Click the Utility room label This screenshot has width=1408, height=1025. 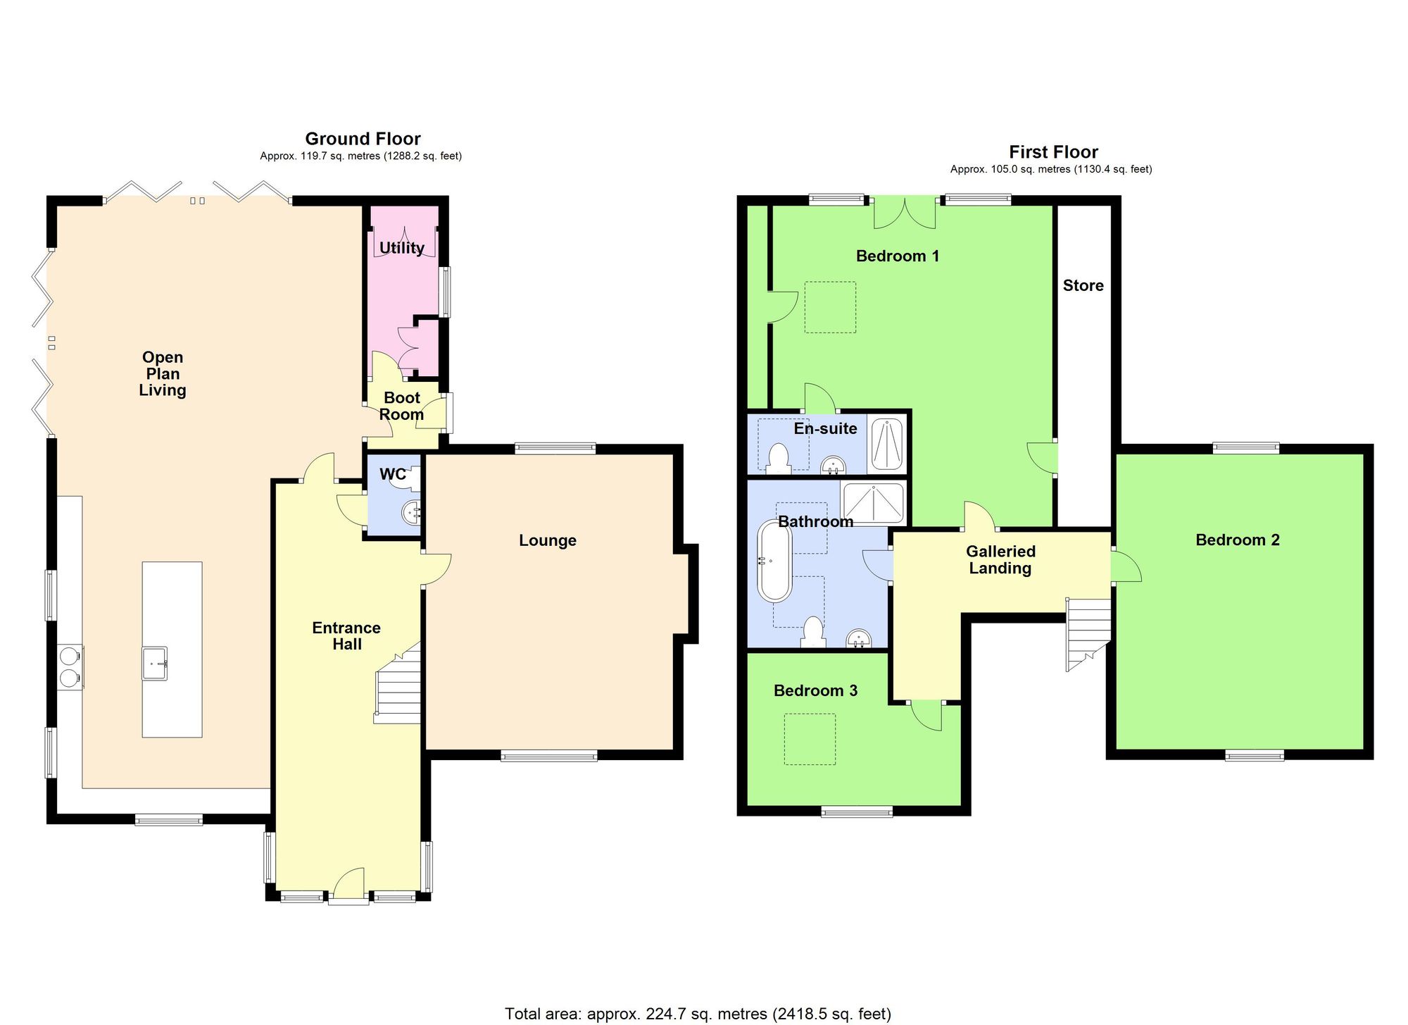[401, 248]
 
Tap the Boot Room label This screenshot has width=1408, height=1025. [401, 406]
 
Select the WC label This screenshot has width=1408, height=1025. [393, 474]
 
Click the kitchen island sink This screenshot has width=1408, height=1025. [155, 663]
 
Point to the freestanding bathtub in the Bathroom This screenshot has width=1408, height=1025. [774, 561]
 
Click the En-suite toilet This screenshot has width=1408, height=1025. [779, 458]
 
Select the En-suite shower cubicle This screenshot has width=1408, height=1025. [886, 444]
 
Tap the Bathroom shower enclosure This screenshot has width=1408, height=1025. [873, 503]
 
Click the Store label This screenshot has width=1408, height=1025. [1083, 285]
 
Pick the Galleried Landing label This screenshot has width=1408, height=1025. [1000, 560]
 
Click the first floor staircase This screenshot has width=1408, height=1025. [1088, 633]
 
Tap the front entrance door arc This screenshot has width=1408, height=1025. [349, 883]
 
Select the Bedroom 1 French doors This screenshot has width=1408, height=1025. [905, 213]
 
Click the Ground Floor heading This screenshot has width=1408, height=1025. [363, 139]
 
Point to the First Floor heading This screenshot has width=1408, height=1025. [1053, 152]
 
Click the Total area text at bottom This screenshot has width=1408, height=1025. [698, 1014]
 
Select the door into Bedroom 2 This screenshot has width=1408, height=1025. [1125, 566]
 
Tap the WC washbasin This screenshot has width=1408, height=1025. [412, 512]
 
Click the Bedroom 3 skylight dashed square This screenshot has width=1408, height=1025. [810, 739]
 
